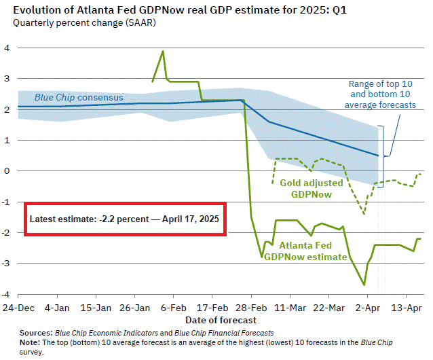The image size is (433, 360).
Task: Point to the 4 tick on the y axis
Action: point(7,48)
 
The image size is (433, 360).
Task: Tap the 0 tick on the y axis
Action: point(7,171)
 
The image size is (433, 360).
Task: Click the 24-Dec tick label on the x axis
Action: point(18,307)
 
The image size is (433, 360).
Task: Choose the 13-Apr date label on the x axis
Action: point(406,307)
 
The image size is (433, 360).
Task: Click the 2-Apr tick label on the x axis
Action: point(367,307)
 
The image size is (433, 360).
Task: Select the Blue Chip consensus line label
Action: point(79,98)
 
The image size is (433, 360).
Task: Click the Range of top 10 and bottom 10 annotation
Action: point(380,94)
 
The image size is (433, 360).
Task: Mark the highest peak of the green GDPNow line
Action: point(163,51)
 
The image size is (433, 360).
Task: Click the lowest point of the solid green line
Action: point(364,285)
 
